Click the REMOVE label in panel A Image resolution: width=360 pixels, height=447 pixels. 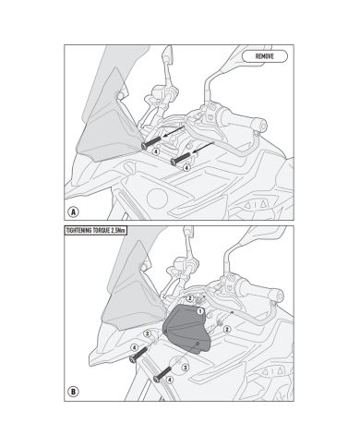click(265, 56)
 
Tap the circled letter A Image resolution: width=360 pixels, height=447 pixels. click(73, 212)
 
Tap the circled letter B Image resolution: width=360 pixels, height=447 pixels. click(73, 392)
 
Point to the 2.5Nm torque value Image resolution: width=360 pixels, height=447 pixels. click(118, 231)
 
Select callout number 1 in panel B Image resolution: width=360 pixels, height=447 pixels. click(200, 311)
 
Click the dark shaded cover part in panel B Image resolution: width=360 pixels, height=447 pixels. click(186, 328)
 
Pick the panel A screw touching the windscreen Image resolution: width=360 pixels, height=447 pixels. click(151, 143)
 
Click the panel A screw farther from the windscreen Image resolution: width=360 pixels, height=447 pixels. click(181, 158)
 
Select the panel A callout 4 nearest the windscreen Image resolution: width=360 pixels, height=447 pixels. click(156, 151)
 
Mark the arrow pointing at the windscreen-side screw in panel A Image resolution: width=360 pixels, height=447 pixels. click(174, 131)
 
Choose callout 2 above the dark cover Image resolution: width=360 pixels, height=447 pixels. click(190, 298)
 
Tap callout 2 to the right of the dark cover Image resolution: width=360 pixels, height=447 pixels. click(227, 330)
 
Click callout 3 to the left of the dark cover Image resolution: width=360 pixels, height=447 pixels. click(148, 333)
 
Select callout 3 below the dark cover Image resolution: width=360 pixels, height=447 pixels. click(185, 368)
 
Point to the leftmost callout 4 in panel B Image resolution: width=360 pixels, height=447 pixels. click(134, 348)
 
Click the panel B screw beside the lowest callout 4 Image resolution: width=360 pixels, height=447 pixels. click(162, 374)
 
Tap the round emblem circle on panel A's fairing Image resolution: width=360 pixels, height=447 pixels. click(157, 199)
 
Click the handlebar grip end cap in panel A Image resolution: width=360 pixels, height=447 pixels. click(262, 126)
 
